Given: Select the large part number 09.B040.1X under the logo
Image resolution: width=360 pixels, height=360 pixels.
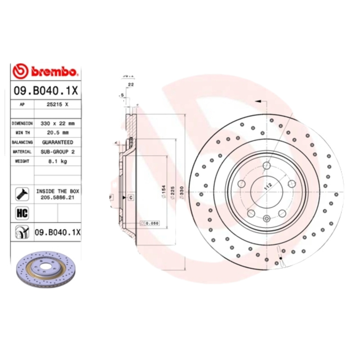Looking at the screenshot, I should (x=46, y=90).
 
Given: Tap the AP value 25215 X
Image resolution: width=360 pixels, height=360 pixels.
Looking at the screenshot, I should (x=58, y=104).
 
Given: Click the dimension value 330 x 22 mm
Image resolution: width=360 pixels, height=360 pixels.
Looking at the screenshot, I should (x=58, y=123).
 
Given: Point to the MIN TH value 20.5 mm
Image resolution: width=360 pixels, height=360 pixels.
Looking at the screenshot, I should (x=58, y=133).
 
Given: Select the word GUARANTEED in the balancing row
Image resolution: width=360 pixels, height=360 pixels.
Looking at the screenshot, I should (x=58, y=142).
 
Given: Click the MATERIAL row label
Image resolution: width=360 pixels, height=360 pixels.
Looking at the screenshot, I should (x=22, y=152).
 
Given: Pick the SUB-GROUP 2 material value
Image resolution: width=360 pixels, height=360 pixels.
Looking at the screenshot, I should (x=58, y=152).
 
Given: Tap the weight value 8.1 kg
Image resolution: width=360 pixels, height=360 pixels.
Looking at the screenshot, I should (x=58, y=162).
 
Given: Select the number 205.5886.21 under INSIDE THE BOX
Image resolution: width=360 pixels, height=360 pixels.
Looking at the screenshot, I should (x=58, y=197).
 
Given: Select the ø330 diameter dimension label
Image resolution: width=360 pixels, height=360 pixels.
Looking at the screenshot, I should (x=182, y=193).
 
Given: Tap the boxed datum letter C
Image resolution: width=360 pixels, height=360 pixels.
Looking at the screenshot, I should (x=130, y=198).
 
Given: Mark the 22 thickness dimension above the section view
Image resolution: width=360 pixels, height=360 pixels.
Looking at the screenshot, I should (x=131, y=84).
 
